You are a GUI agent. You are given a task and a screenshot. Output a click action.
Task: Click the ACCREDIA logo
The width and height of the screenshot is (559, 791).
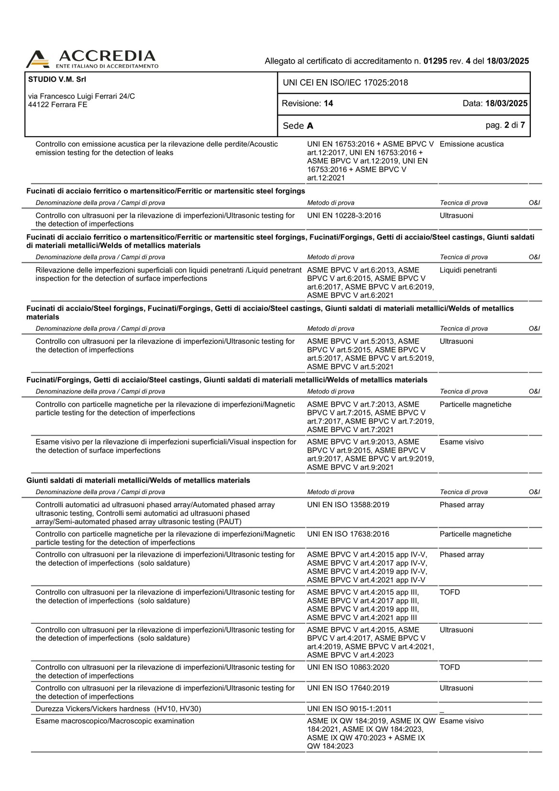pyautogui.click(x=92, y=59)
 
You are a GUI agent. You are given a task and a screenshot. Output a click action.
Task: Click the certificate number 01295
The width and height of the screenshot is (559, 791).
pyautogui.click(x=435, y=61)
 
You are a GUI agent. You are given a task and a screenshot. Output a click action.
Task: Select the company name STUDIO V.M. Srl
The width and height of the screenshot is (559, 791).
pyautogui.click(x=57, y=79)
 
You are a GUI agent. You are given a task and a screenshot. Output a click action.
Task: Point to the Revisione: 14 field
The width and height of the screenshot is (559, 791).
pyautogui.click(x=307, y=104)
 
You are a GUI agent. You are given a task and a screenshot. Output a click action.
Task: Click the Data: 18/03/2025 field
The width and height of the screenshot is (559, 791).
pyautogui.click(x=495, y=104)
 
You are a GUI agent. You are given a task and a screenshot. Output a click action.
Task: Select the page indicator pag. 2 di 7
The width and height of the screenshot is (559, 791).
pyautogui.click(x=505, y=125)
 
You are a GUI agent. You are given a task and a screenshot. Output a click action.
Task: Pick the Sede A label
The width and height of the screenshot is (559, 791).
pyautogui.click(x=298, y=126)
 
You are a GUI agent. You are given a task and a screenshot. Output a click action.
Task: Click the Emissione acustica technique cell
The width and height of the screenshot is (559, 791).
pyautogui.click(x=471, y=144)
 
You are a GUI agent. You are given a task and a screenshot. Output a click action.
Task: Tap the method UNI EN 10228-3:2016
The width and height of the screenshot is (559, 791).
pyautogui.click(x=344, y=216)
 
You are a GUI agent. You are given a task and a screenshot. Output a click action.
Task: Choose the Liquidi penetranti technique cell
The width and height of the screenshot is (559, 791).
pyautogui.click(x=468, y=270)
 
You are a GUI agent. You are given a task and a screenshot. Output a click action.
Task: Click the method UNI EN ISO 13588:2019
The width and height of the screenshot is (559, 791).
pyautogui.click(x=348, y=505)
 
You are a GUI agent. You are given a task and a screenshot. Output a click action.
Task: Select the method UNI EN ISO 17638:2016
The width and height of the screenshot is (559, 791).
pyautogui.click(x=348, y=534)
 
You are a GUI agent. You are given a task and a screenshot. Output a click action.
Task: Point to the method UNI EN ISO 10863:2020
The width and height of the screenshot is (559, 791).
pyautogui.click(x=348, y=667)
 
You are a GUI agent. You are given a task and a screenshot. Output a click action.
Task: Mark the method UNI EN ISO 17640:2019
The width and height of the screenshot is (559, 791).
pyautogui.click(x=348, y=688)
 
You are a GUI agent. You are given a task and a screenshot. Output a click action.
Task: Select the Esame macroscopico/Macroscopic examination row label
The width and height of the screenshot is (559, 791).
pyautogui.click(x=115, y=721)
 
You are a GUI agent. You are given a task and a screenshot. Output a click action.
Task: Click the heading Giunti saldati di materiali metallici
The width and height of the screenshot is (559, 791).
pyautogui.click(x=138, y=480)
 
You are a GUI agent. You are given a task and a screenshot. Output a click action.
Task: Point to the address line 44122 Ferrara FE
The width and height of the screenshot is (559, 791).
pyautogui.click(x=57, y=105)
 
